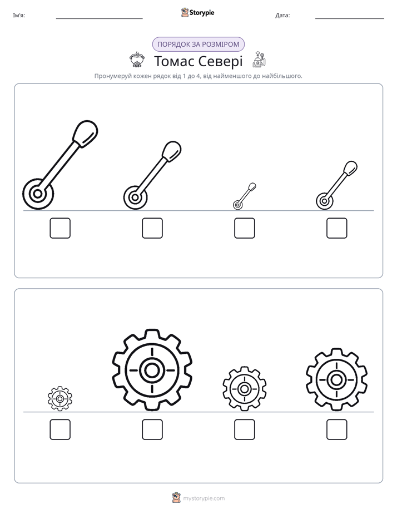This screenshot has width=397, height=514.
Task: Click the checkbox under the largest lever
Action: click(60, 228)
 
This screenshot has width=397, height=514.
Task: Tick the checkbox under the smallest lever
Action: click(244, 228)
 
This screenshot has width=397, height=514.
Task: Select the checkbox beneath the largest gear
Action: click(152, 429)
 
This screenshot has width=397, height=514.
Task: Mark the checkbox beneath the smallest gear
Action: click(60, 429)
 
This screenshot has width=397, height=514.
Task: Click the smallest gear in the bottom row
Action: click(60, 399)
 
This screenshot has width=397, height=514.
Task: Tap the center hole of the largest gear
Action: click(152, 370)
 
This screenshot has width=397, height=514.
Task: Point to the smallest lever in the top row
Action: click(244, 196)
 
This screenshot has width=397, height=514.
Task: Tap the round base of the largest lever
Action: click(38, 194)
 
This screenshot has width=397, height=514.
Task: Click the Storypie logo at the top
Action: click(197, 12)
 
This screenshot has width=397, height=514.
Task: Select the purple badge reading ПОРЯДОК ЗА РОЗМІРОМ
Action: click(198, 45)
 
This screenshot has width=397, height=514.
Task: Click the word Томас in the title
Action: click(174, 61)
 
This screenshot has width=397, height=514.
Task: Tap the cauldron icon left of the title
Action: click(136, 60)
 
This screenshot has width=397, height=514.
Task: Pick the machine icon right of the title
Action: click(259, 60)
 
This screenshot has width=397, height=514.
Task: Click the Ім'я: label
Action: click(19, 16)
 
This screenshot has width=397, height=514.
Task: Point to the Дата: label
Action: click(282, 16)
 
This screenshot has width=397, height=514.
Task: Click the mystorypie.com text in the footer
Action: click(204, 498)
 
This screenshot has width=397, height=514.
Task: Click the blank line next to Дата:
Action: click(350, 18)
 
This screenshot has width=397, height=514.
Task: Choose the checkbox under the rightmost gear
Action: click(337, 429)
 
